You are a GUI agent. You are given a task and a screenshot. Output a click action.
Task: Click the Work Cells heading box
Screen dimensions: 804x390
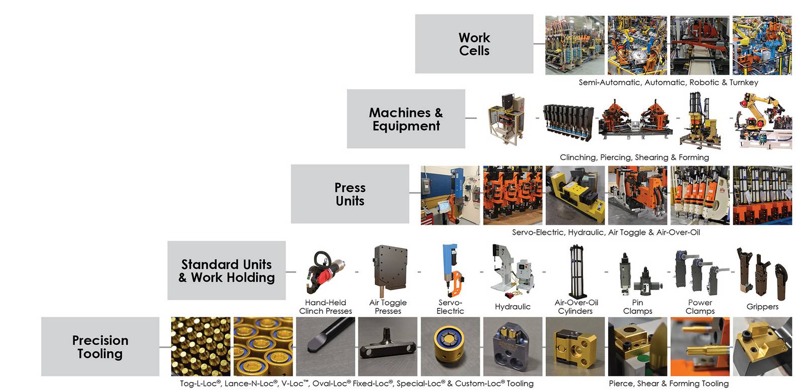[474, 44]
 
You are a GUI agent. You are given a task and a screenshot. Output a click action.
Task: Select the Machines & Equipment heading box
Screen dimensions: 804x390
[406, 118]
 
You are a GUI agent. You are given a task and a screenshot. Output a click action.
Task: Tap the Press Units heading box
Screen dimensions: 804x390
[350, 194]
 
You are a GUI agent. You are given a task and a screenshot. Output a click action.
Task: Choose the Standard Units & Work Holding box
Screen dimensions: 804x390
[227, 270]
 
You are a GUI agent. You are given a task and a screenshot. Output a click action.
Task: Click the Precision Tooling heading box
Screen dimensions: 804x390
[100, 347]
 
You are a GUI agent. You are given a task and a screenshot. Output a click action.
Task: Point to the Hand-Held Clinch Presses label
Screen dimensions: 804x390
[326, 307]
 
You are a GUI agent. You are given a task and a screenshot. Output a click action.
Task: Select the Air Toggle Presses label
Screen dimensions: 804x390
[388, 307]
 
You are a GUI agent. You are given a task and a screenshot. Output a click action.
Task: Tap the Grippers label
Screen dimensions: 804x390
[762, 307]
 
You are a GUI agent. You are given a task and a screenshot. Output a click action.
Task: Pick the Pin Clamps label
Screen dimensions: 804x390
[638, 307]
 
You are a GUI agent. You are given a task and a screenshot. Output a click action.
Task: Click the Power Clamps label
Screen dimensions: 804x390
[700, 307]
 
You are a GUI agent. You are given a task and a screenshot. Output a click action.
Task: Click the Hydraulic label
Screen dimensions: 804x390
[513, 307]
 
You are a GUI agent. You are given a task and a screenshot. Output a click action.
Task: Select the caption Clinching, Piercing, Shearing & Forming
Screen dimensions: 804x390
[634, 158]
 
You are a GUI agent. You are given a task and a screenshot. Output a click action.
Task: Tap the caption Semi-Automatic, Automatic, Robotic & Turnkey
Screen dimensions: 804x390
[668, 82]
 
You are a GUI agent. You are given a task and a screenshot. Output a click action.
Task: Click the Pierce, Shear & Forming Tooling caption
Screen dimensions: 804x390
[669, 383]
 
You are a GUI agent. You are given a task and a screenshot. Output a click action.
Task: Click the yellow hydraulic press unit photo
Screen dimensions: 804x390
[575, 195]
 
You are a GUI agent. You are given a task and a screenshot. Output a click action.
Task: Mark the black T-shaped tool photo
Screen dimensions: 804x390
[387, 347]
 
